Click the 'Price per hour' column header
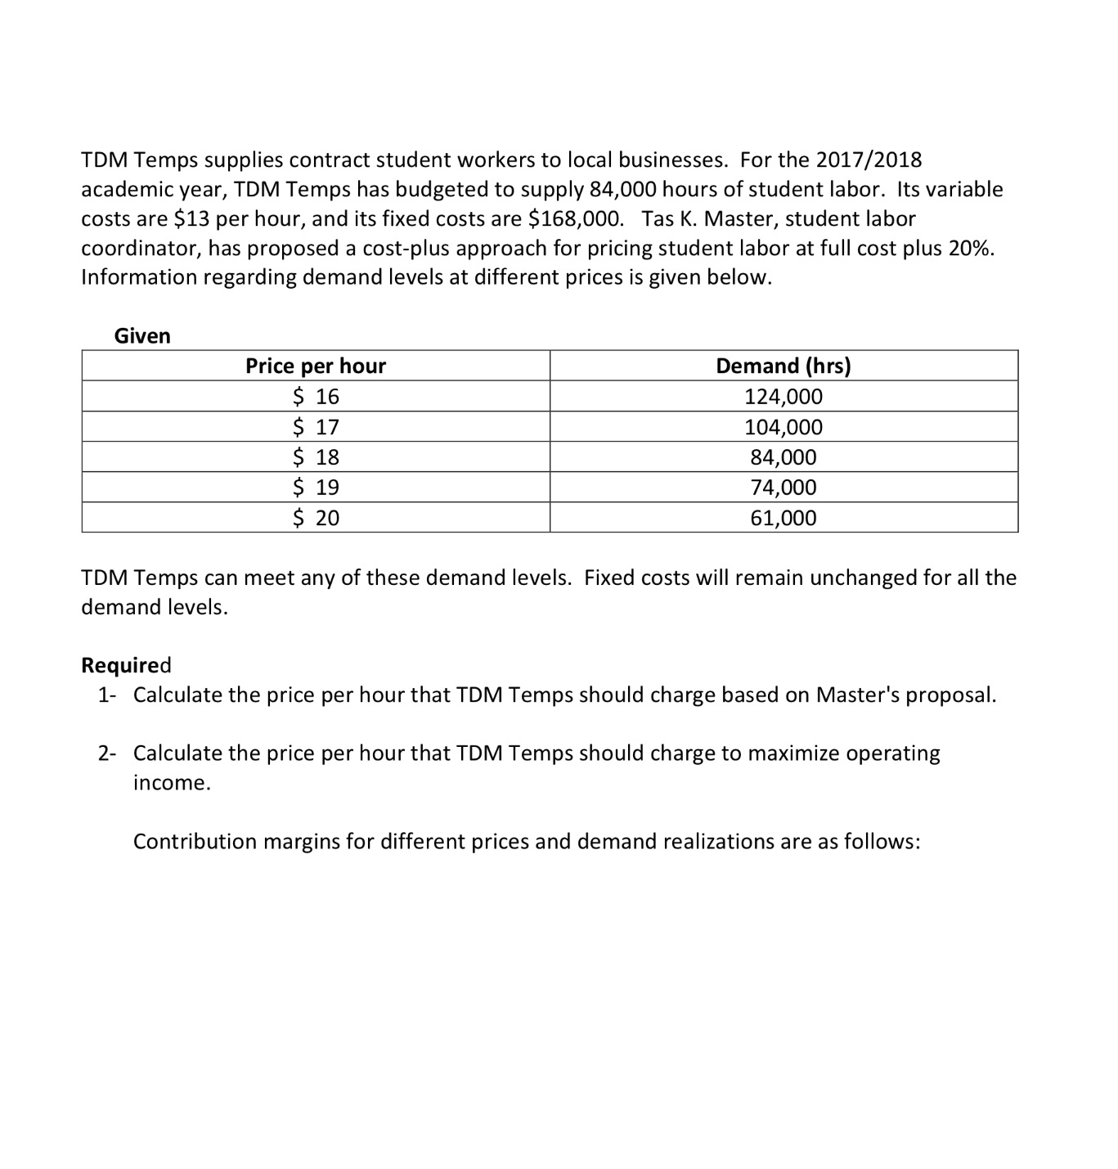pyautogui.click(x=316, y=366)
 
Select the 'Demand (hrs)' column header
pyautogui.click(x=783, y=366)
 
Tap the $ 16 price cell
pyautogui.click(x=316, y=397)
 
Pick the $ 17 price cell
pyautogui.click(x=316, y=427)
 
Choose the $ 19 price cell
pyautogui.click(x=316, y=488)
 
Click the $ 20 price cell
pyautogui.click(x=316, y=518)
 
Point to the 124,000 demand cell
pyautogui.click(x=783, y=397)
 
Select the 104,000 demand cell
pyautogui.click(x=783, y=427)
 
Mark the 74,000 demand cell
pyautogui.click(x=783, y=488)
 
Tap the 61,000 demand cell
pyautogui.click(x=783, y=518)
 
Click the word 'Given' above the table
pyautogui.click(x=142, y=336)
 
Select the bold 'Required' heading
pyautogui.click(x=126, y=665)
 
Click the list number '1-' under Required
pyautogui.click(x=107, y=695)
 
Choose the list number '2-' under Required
pyautogui.click(x=107, y=753)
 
